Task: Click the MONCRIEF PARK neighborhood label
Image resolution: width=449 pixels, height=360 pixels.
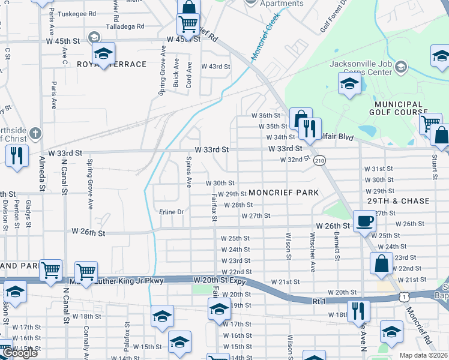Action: [x=283, y=193]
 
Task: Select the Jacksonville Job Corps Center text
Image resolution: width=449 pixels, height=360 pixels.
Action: [x=360, y=68]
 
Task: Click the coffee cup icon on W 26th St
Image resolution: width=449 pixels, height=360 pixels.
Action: [x=364, y=221]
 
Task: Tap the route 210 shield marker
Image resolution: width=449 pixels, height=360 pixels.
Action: [x=319, y=160]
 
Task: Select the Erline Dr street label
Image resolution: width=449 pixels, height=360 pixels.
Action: [x=171, y=212]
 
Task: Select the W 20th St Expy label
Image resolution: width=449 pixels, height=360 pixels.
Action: [x=222, y=280]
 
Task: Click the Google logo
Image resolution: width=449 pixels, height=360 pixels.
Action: [x=20, y=353]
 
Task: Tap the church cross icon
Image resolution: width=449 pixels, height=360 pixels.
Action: [x=35, y=133]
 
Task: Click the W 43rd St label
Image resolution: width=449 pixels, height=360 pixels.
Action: [x=215, y=67]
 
